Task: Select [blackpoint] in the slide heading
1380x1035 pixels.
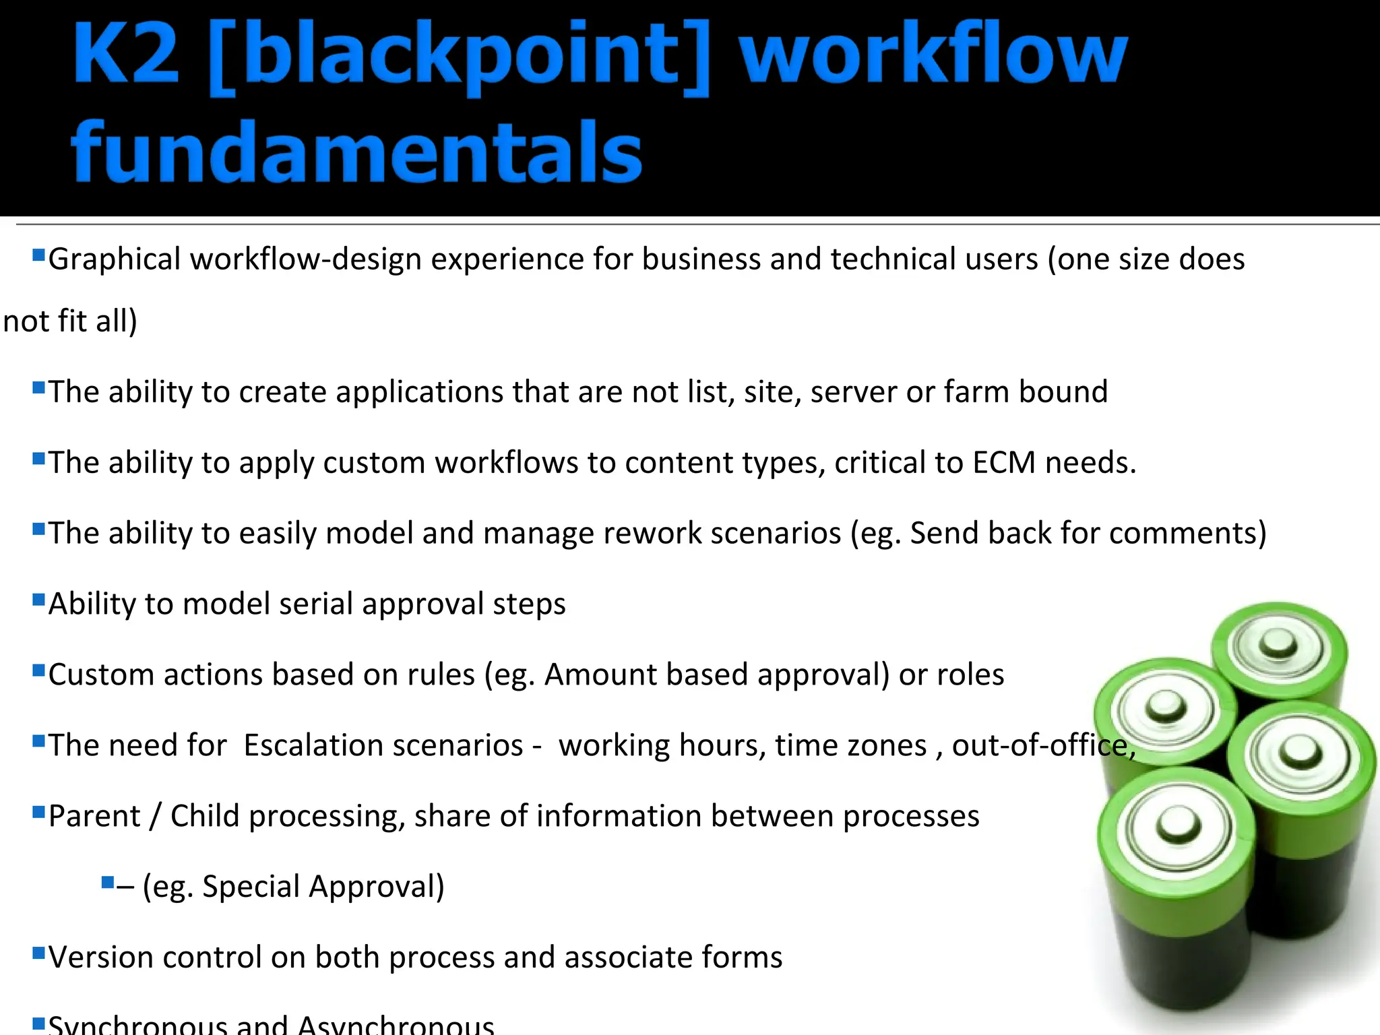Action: [459, 57]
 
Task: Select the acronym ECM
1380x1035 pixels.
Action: [1004, 463]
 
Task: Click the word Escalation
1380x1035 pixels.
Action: [383, 745]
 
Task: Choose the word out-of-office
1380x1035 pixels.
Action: [1043, 745]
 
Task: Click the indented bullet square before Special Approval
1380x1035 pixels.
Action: [107, 881]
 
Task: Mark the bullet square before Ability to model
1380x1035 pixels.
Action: [38, 599]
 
